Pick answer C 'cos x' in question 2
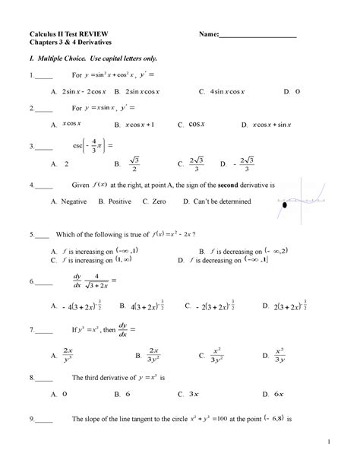pyautogui.click(x=194, y=123)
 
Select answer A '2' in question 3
pyautogui.click(x=65, y=163)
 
